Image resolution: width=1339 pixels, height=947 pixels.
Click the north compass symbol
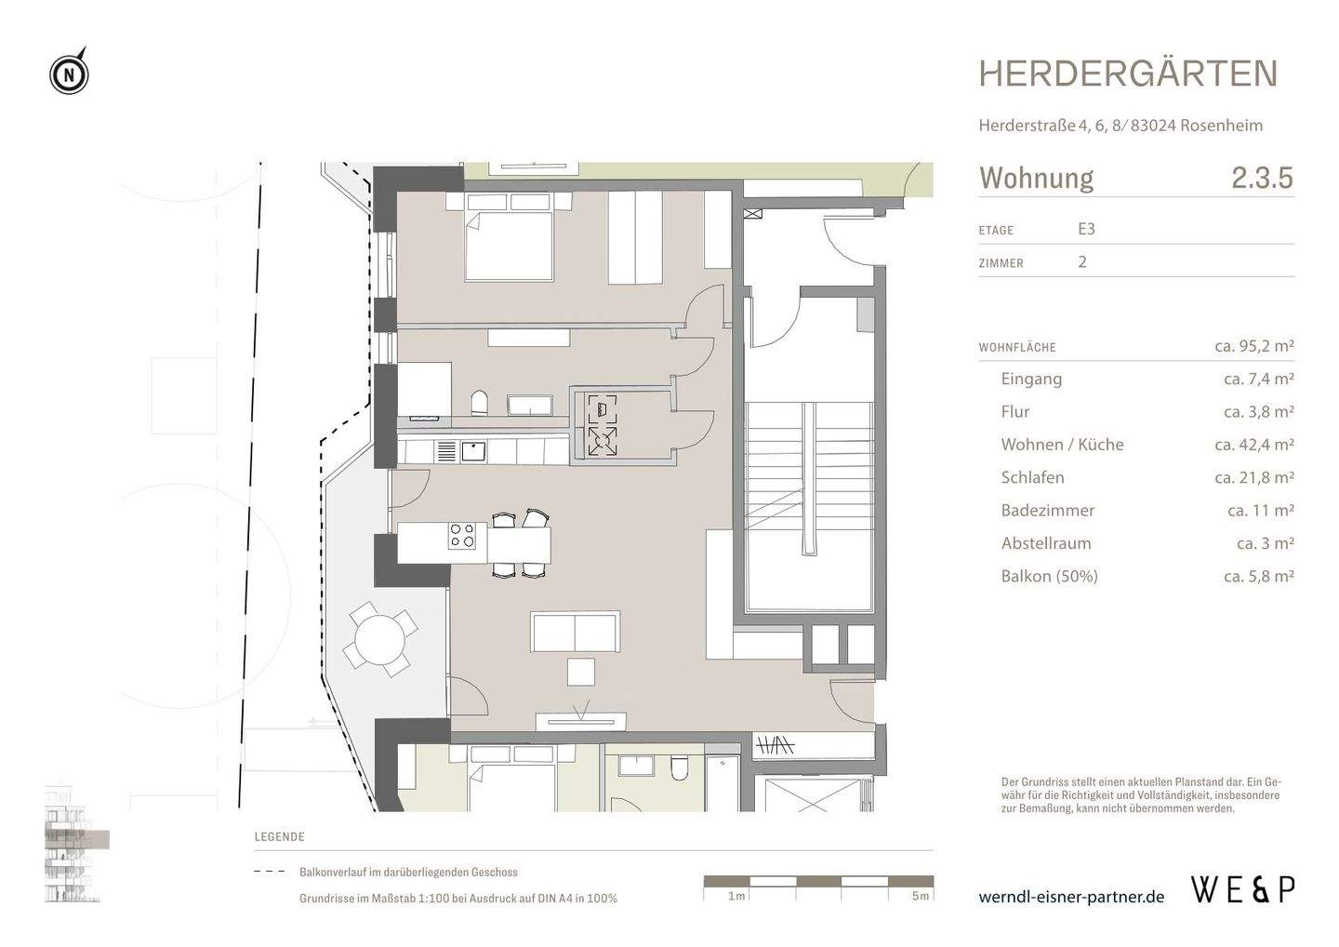click(69, 73)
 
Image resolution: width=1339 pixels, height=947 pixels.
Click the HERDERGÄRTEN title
click(1128, 74)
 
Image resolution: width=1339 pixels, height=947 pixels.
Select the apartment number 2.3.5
click(1262, 178)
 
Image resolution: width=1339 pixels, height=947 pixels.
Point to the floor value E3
click(1086, 229)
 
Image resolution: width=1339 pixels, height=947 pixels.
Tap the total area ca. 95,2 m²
click(1253, 346)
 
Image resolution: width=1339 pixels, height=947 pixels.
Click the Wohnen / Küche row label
click(1062, 445)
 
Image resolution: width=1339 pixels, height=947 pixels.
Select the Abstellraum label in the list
click(1046, 543)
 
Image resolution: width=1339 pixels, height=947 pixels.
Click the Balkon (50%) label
click(1049, 576)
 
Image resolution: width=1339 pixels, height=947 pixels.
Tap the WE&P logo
click(1242, 890)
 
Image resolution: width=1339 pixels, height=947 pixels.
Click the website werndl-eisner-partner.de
click(1071, 897)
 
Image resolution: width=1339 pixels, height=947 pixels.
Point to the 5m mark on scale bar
click(920, 896)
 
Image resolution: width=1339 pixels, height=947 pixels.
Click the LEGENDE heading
click(279, 836)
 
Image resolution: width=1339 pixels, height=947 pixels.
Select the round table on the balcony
click(379, 639)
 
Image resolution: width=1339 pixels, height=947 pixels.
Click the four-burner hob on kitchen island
click(462, 536)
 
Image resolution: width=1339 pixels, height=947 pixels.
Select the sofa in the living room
click(575, 633)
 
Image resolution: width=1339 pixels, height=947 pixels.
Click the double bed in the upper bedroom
click(509, 245)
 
